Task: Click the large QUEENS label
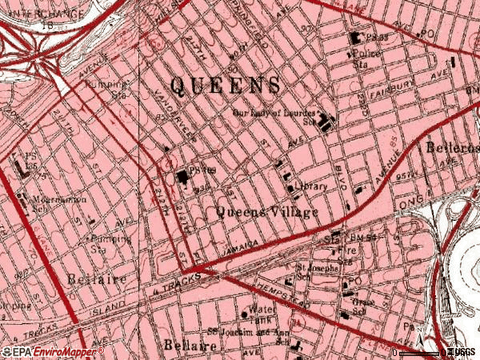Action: [x=226, y=85]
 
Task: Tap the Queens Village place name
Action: [x=267, y=212]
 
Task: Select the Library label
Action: [x=312, y=186]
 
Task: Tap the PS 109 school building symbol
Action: [x=183, y=176]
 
